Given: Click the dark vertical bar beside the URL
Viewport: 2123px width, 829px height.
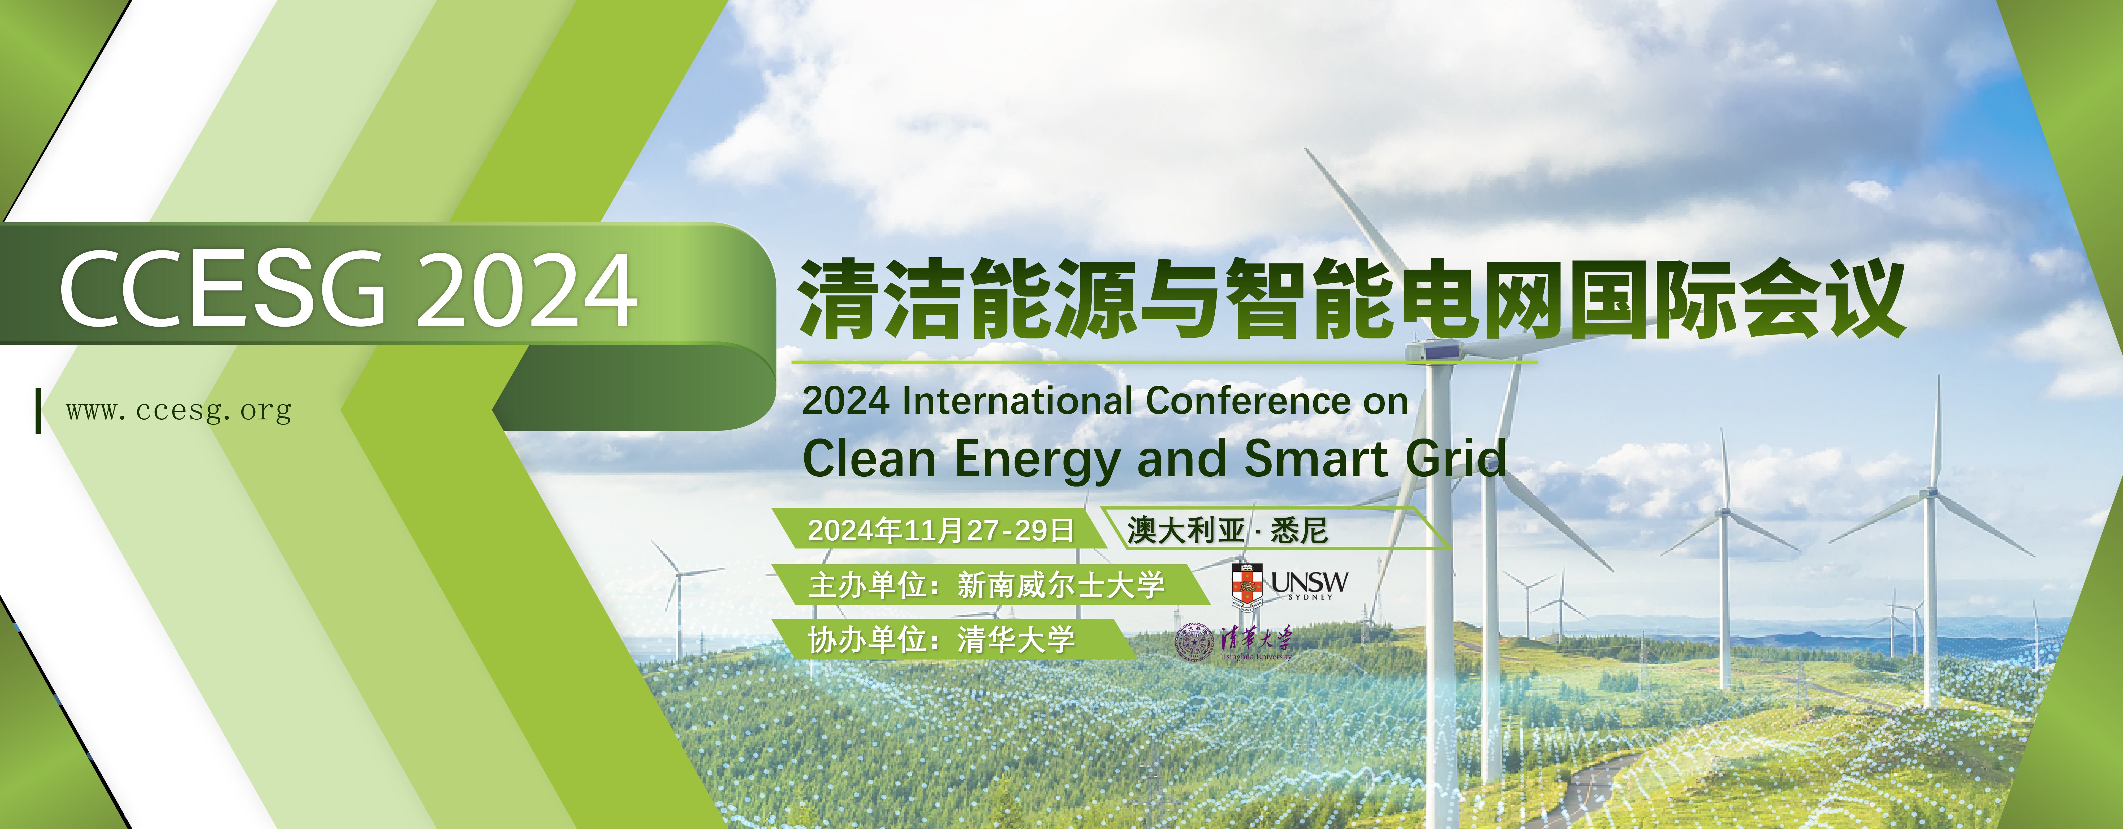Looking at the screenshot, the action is pyautogui.click(x=38, y=410).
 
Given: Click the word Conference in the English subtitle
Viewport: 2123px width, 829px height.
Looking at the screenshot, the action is pyautogui.click(x=1248, y=401).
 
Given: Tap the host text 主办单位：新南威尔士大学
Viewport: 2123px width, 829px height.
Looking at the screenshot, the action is pyautogui.click(x=986, y=585).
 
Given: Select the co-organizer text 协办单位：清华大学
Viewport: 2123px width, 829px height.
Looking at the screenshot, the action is pyautogui.click(x=941, y=640).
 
